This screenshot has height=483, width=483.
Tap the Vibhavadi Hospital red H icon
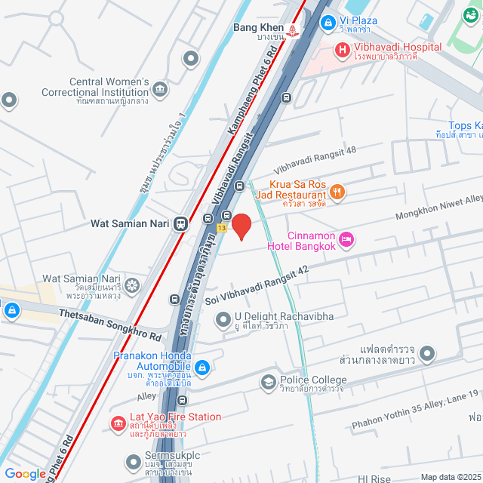point(342,51)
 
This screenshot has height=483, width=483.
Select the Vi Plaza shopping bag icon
point(328,23)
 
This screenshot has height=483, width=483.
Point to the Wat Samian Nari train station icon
point(180,223)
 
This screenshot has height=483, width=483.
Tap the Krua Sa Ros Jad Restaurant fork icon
point(337,192)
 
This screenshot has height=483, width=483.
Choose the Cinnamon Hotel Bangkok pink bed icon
point(346,239)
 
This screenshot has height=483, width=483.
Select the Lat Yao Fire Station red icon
point(117,424)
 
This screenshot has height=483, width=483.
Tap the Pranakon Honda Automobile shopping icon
point(202,368)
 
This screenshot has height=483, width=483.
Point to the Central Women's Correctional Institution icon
point(160,90)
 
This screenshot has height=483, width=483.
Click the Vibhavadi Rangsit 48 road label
point(315,159)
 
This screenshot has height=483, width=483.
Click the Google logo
point(25,473)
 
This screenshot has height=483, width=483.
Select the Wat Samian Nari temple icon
point(132,285)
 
